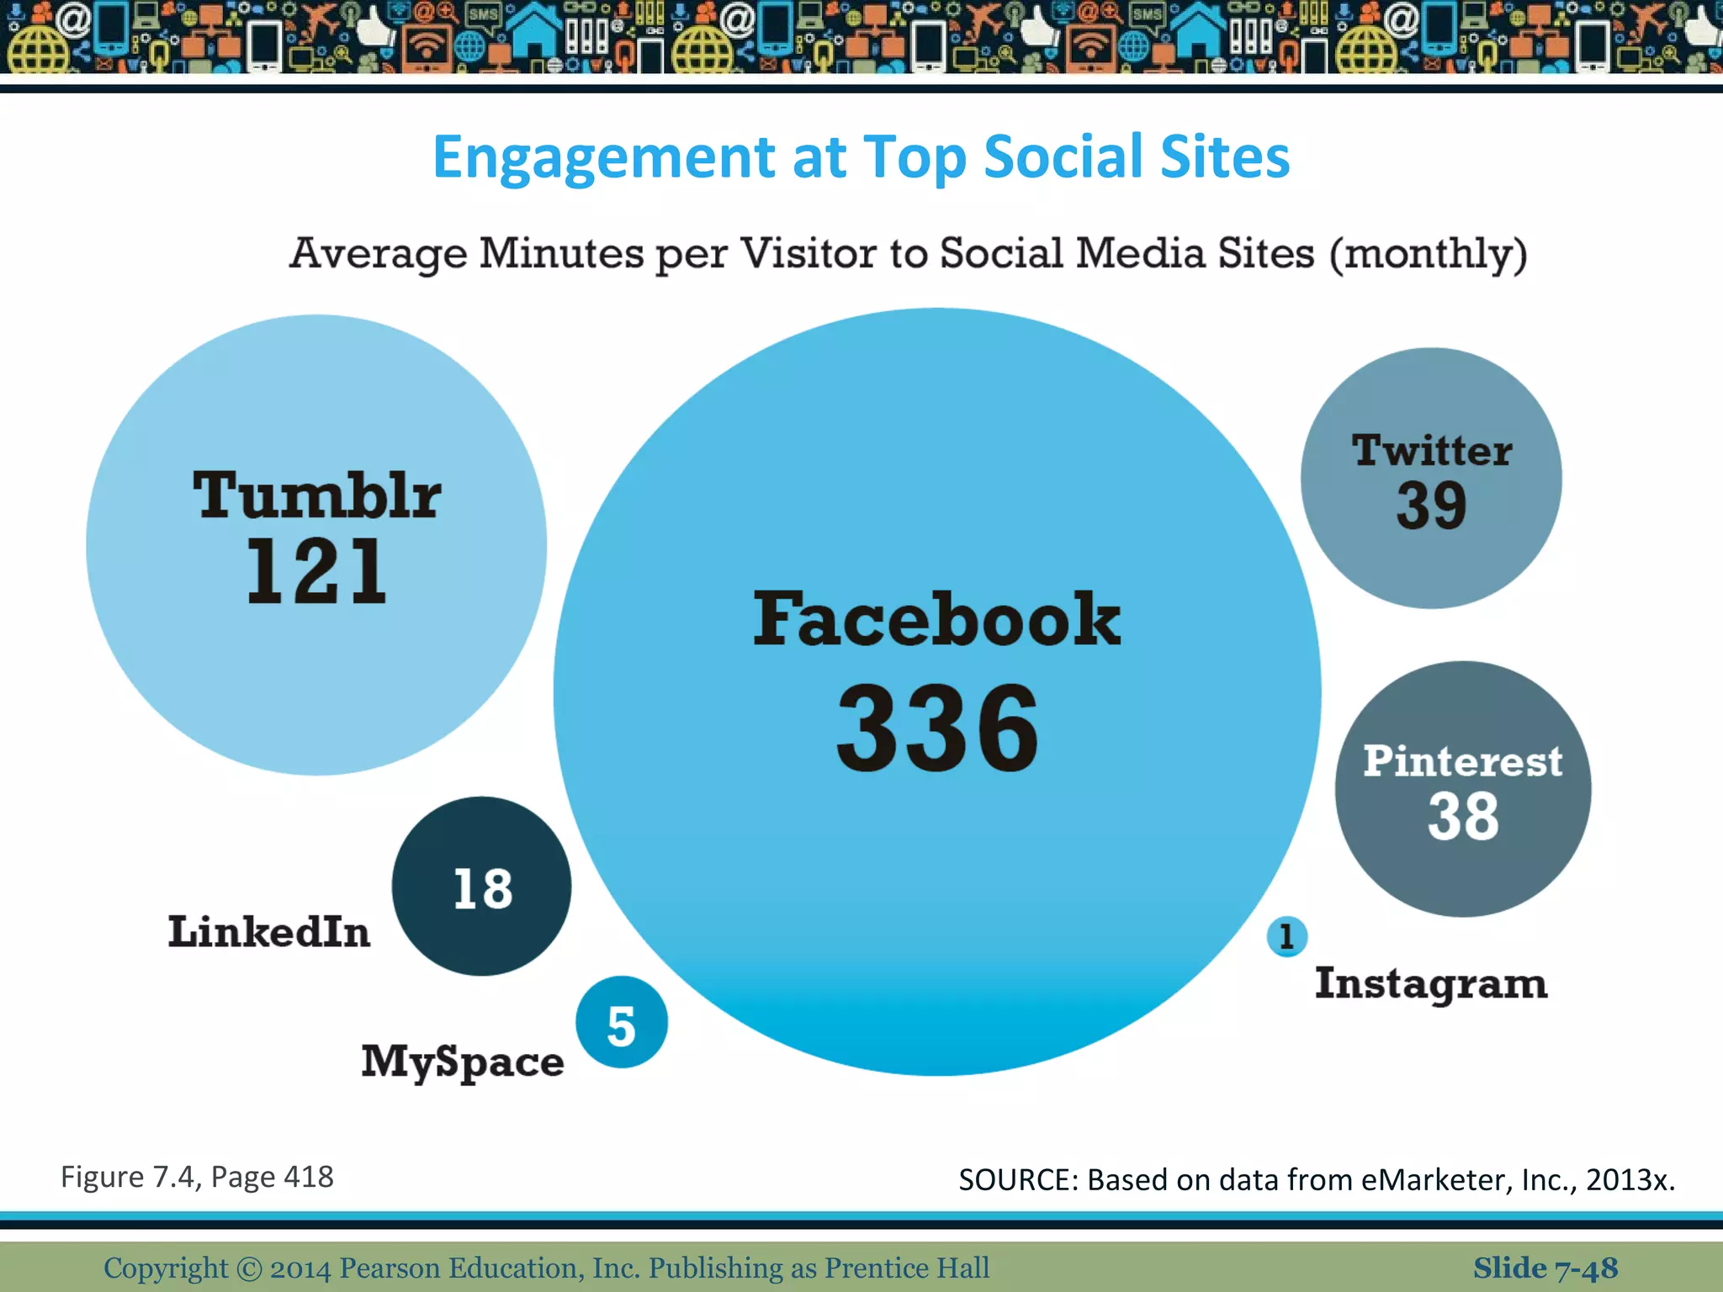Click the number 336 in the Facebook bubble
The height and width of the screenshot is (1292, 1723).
point(937,728)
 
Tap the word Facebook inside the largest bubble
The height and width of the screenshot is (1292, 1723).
point(936,620)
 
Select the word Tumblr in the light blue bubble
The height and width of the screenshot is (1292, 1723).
point(316,495)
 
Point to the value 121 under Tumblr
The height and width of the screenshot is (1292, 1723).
point(316,572)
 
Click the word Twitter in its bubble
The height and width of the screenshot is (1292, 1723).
point(1432,450)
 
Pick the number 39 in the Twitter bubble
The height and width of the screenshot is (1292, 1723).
point(1431,506)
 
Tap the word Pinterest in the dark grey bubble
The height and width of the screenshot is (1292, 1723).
point(1463,761)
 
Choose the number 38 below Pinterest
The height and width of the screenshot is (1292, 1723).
point(1463,817)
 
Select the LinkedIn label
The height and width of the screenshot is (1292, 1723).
point(269,932)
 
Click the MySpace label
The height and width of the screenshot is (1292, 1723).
point(463,1062)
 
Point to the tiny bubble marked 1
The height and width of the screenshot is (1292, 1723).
point(1286,937)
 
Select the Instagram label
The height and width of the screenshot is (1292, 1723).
point(1431,984)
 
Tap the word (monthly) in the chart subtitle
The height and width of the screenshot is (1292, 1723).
point(1428,254)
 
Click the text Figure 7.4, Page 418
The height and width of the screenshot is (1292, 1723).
point(197,1177)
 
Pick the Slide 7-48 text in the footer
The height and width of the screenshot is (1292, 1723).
point(1545,1268)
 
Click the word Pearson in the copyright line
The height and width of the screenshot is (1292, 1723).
point(390,1268)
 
